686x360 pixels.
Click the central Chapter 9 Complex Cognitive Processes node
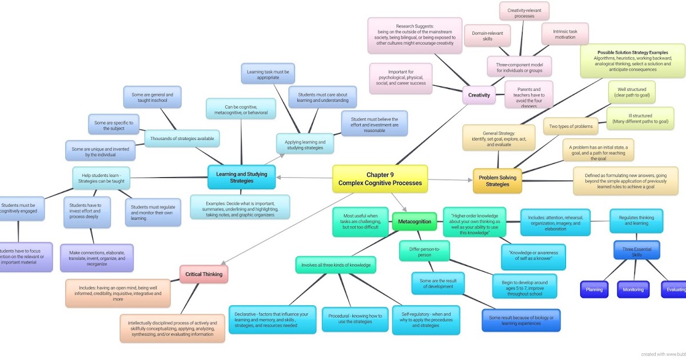point(380,179)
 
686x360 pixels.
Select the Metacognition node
point(414,221)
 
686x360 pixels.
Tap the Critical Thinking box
point(204,274)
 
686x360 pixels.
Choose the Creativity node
point(479,95)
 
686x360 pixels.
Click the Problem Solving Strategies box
point(497,181)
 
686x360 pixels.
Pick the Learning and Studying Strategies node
point(242,177)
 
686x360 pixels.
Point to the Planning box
point(594,290)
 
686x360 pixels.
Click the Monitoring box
point(633,290)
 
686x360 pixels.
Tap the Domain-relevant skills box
point(488,35)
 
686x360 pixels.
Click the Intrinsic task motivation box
point(565,34)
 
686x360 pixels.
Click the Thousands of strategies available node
point(182,138)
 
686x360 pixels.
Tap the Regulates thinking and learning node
point(636,220)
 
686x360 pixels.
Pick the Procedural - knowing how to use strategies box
point(347,319)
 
